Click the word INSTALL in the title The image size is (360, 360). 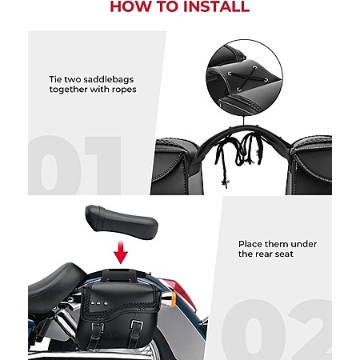217,6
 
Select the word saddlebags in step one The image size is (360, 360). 108,79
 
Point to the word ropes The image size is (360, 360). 124,90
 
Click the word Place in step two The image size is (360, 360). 250,244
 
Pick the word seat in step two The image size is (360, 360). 284,254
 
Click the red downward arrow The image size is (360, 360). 121,252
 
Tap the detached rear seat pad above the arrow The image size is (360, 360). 122,222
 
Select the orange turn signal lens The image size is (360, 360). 172,299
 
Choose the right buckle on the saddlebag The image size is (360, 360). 137,326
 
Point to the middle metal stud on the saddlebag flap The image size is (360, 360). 98,303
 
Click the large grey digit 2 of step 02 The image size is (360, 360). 310,330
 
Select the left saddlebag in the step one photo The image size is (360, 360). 174,166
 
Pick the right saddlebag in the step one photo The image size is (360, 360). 310,166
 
